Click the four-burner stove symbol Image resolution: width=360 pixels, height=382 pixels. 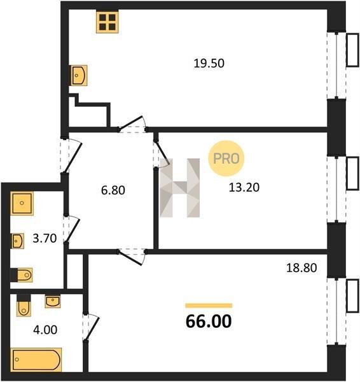tap(107, 22)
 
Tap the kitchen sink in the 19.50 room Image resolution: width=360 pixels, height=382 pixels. tap(79, 75)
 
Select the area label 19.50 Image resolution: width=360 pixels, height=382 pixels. tap(209, 63)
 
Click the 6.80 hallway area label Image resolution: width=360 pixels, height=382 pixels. tap(113, 190)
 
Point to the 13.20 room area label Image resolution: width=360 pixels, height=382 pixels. tap(244, 187)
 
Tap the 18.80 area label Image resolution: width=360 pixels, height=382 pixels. tap(301, 268)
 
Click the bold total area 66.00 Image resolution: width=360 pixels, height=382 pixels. tap(209, 322)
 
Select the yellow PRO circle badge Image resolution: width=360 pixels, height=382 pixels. tap(226, 159)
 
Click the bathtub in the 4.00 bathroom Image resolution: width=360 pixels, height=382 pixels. tap(36, 360)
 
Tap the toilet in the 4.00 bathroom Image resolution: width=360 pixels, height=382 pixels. tap(24, 306)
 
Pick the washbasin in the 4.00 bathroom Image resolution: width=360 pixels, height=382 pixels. tap(53, 302)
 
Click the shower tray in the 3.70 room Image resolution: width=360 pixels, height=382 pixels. tap(22, 204)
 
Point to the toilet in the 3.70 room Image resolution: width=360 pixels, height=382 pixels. tap(22, 275)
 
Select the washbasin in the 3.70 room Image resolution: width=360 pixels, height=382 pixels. tap(18, 241)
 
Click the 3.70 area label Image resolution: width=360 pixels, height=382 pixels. tap(45, 238)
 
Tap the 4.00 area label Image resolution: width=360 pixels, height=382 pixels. tap(45, 330)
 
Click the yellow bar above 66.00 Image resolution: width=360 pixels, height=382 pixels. tap(209, 306)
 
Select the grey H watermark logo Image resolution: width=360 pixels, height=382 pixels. tap(180, 188)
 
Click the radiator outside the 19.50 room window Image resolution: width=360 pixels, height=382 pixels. tap(352, 50)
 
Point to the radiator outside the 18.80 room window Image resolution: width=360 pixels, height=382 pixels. tap(352, 295)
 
